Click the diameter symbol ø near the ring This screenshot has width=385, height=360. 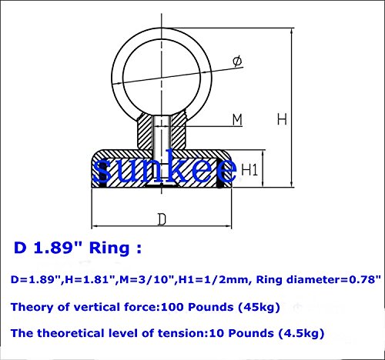pyautogui.click(x=237, y=62)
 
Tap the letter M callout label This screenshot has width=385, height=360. pyautogui.click(x=237, y=120)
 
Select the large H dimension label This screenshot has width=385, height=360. pyautogui.click(x=282, y=119)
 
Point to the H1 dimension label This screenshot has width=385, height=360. pyautogui.click(x=249, y=169)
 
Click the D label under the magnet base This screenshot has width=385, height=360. pyautogui.click(x=162, y=220)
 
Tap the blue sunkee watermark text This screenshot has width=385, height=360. pyautogui.click(x=165, y=168)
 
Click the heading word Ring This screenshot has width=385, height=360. pyautogui.click(x=109, y=248)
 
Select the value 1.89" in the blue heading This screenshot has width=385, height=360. pyautogui.click(x=58, y=248)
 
